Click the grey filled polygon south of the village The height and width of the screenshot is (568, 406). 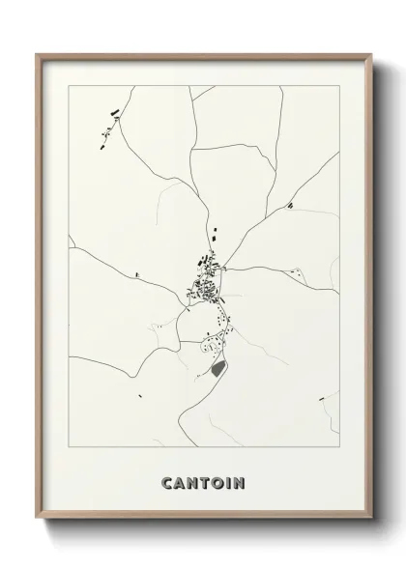[x=216, y=368]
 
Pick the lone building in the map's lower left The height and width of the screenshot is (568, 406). [x=142, y=394]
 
